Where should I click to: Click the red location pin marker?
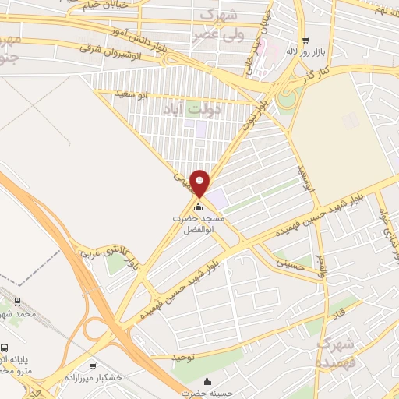(x=200, y=182)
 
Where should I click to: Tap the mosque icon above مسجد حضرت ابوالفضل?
(x=198, y=207)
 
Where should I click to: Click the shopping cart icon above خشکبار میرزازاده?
(x=93, y=365)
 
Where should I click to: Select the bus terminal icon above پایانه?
(x=5, y=348)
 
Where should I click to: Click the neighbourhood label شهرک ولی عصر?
(x=221, y=24)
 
